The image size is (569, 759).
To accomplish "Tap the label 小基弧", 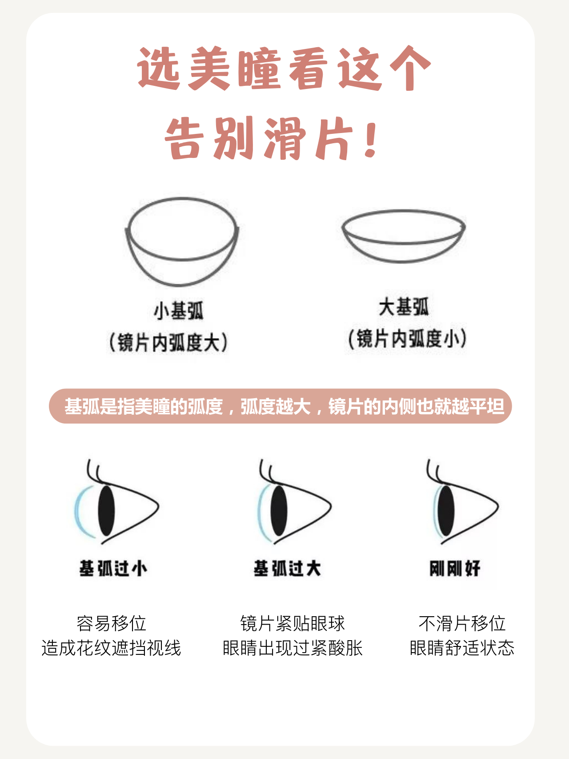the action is tap(179, 311).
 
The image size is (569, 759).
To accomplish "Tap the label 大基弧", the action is tap(404, 307).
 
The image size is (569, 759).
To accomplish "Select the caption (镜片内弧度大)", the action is tap(168, 343).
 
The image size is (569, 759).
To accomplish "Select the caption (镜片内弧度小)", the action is tap(407, 339).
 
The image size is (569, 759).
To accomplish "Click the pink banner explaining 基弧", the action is tap(280, 406).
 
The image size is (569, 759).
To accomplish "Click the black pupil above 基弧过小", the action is tap(106, 510).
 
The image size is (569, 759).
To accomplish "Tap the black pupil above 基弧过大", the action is tap(279, 510).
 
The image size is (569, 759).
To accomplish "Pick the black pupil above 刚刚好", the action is tap(446, 510).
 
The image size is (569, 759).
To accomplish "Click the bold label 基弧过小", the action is tap(113, 568).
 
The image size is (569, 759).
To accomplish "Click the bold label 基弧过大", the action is tap(287, 568).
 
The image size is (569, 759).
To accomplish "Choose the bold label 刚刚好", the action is tap(455, 568).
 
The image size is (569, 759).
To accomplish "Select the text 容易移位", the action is tap(111, 623).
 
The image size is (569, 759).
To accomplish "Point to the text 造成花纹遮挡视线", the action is tap(111, 648).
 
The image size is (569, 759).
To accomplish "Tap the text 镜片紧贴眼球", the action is tap(293, 623).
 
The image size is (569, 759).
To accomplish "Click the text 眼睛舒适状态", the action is tap(462, 648).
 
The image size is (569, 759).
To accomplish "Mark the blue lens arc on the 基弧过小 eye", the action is tap(76, 512).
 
